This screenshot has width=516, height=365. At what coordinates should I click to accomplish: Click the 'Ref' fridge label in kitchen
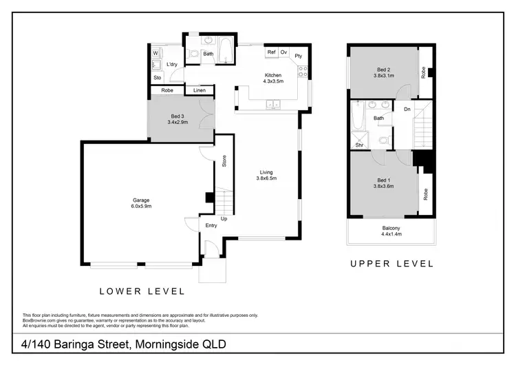click(x=271, y=52)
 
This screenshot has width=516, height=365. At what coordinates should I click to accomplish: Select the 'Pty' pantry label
click(x=299, y=56)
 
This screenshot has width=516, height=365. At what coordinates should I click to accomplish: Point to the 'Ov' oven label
click(x=283, y=52)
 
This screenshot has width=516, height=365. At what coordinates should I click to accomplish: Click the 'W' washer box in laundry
click(x=155, y=52)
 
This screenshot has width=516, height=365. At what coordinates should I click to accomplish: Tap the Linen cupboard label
click(x=199, y=90)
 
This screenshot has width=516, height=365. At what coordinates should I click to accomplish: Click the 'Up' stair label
click(x=224, y=219)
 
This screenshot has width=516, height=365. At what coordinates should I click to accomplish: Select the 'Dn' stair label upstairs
click(x=407, y=109)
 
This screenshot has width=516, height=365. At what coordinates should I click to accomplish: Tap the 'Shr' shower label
click(x=359, y=145)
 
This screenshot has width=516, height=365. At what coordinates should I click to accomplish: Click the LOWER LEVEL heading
click(x=142, y=291)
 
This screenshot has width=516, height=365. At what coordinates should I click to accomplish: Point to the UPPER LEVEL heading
click(x=391, y=263)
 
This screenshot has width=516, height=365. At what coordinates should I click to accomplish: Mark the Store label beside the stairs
click(x=224, y=163)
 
